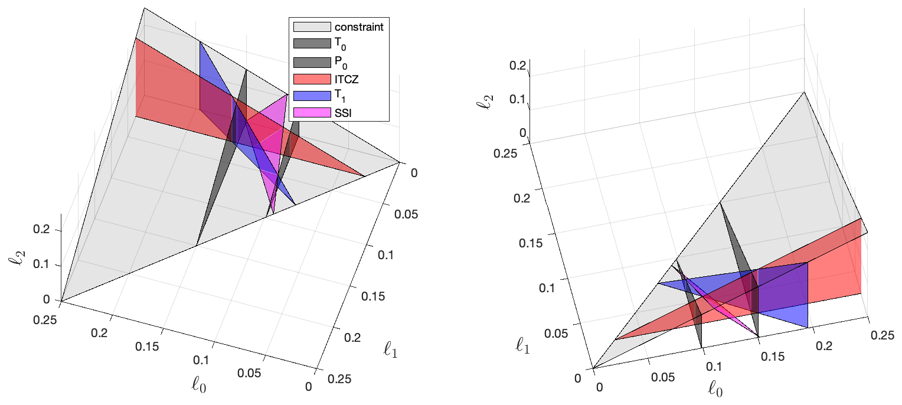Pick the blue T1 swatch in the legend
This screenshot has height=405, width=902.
[x=311, y=95]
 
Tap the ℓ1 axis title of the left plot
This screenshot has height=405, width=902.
[x=391, y=352]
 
